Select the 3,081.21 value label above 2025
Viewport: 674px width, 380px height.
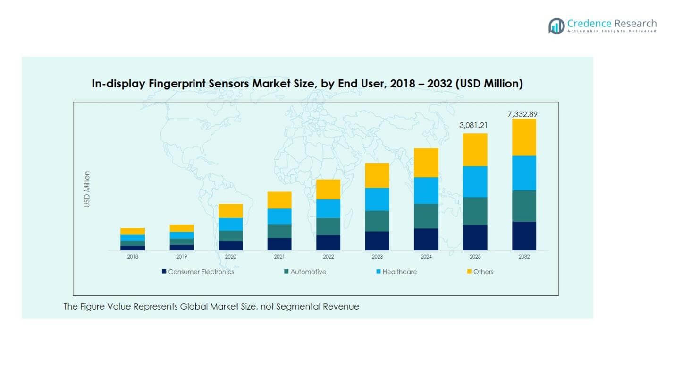(475, 126)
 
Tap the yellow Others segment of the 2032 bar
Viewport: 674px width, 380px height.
(524, 137)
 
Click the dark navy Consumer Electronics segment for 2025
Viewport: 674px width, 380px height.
(475, 237)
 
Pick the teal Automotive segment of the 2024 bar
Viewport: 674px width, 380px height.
(426, 216)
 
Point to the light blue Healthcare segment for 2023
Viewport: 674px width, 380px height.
(377, 199)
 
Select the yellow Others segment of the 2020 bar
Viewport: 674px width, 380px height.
(230, 211)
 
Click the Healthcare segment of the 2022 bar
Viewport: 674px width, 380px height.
(328, 208)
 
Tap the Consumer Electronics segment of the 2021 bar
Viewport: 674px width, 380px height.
(279, 244)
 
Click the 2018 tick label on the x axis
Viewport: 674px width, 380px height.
(133, 257)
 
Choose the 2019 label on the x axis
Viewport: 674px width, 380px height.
(182, 257)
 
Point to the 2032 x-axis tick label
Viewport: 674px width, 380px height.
(524, 257)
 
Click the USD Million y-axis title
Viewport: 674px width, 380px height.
(87, 189)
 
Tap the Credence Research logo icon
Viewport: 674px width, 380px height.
(556, 26)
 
